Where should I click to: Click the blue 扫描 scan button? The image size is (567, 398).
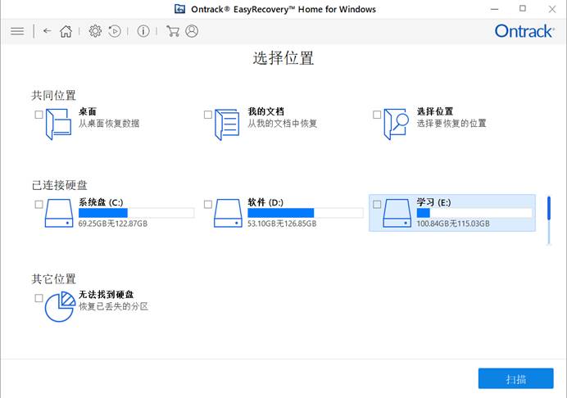pos(515,378)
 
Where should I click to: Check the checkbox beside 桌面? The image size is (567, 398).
pos(39,115)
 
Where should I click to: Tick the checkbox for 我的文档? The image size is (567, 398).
pos(208,115)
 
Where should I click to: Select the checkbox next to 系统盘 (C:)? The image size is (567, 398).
pos(39,204)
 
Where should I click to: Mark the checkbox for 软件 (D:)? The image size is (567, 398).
pos(208,204)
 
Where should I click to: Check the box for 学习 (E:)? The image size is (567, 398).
pos(377,204)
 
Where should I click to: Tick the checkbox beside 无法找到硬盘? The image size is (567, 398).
pos(39,298)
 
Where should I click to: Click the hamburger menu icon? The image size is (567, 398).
pos(17,31)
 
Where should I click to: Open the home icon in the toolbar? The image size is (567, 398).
pos(66,31)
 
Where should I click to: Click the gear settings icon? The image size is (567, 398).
pos(95,31)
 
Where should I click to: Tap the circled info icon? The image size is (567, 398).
pos(143,31)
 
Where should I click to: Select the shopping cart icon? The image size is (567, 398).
pos(173,31)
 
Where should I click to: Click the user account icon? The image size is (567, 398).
pos(192,31)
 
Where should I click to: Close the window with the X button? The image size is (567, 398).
pos(551,9)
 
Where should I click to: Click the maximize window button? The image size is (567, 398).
pos(523,8)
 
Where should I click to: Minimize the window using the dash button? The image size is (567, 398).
pos(494,9)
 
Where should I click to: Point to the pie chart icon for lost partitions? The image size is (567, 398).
pos(60,306)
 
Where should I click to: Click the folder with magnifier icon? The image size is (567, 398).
pos(396,124)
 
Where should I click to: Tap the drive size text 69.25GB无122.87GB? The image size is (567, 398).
pos(113,224)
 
